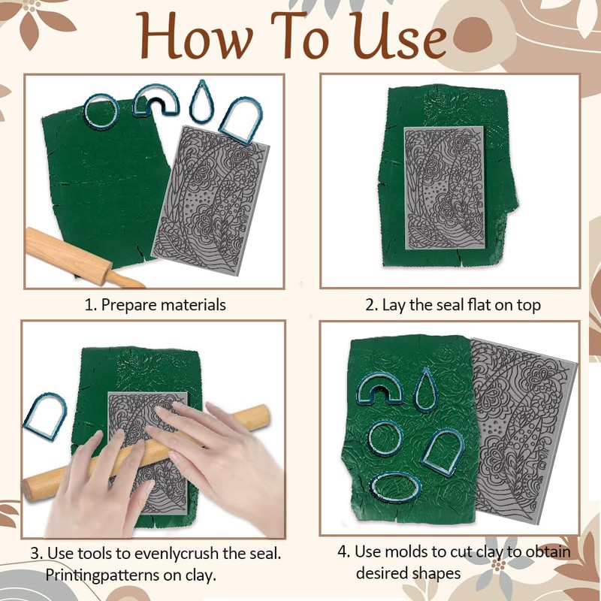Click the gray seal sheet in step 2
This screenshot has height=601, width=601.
click(x=444, y=188)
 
